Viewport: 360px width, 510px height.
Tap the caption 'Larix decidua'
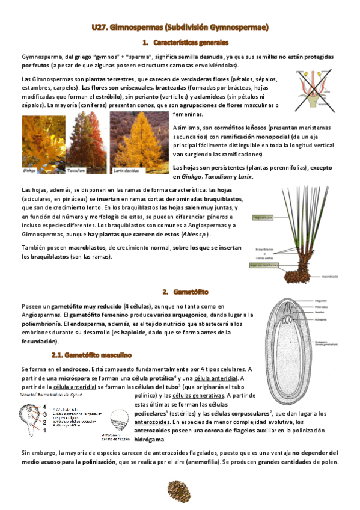(x=126, y=171)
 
